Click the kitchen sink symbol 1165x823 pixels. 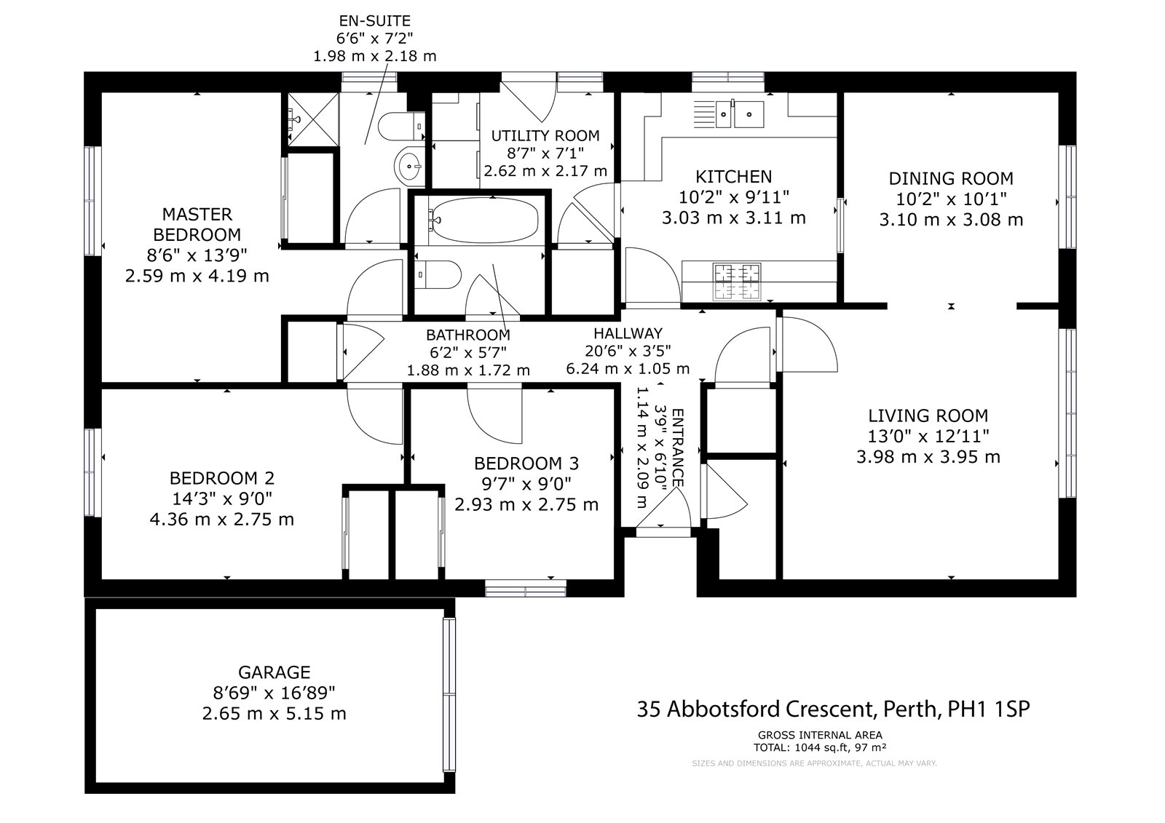click(739, 114)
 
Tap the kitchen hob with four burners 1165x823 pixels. click(736, 281)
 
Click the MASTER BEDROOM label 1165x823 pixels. click(197, 224)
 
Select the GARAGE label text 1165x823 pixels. click(274, 672)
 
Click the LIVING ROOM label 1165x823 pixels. click(928, 416)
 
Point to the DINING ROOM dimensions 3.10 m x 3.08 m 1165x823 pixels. click(951, 219)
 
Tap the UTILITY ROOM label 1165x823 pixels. click(545, 135)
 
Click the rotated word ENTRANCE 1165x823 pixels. click(677, 448)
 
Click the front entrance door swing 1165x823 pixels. click(666, 509)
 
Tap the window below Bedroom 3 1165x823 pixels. click(525, 587)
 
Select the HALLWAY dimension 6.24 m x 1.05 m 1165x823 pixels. click(628, 369)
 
